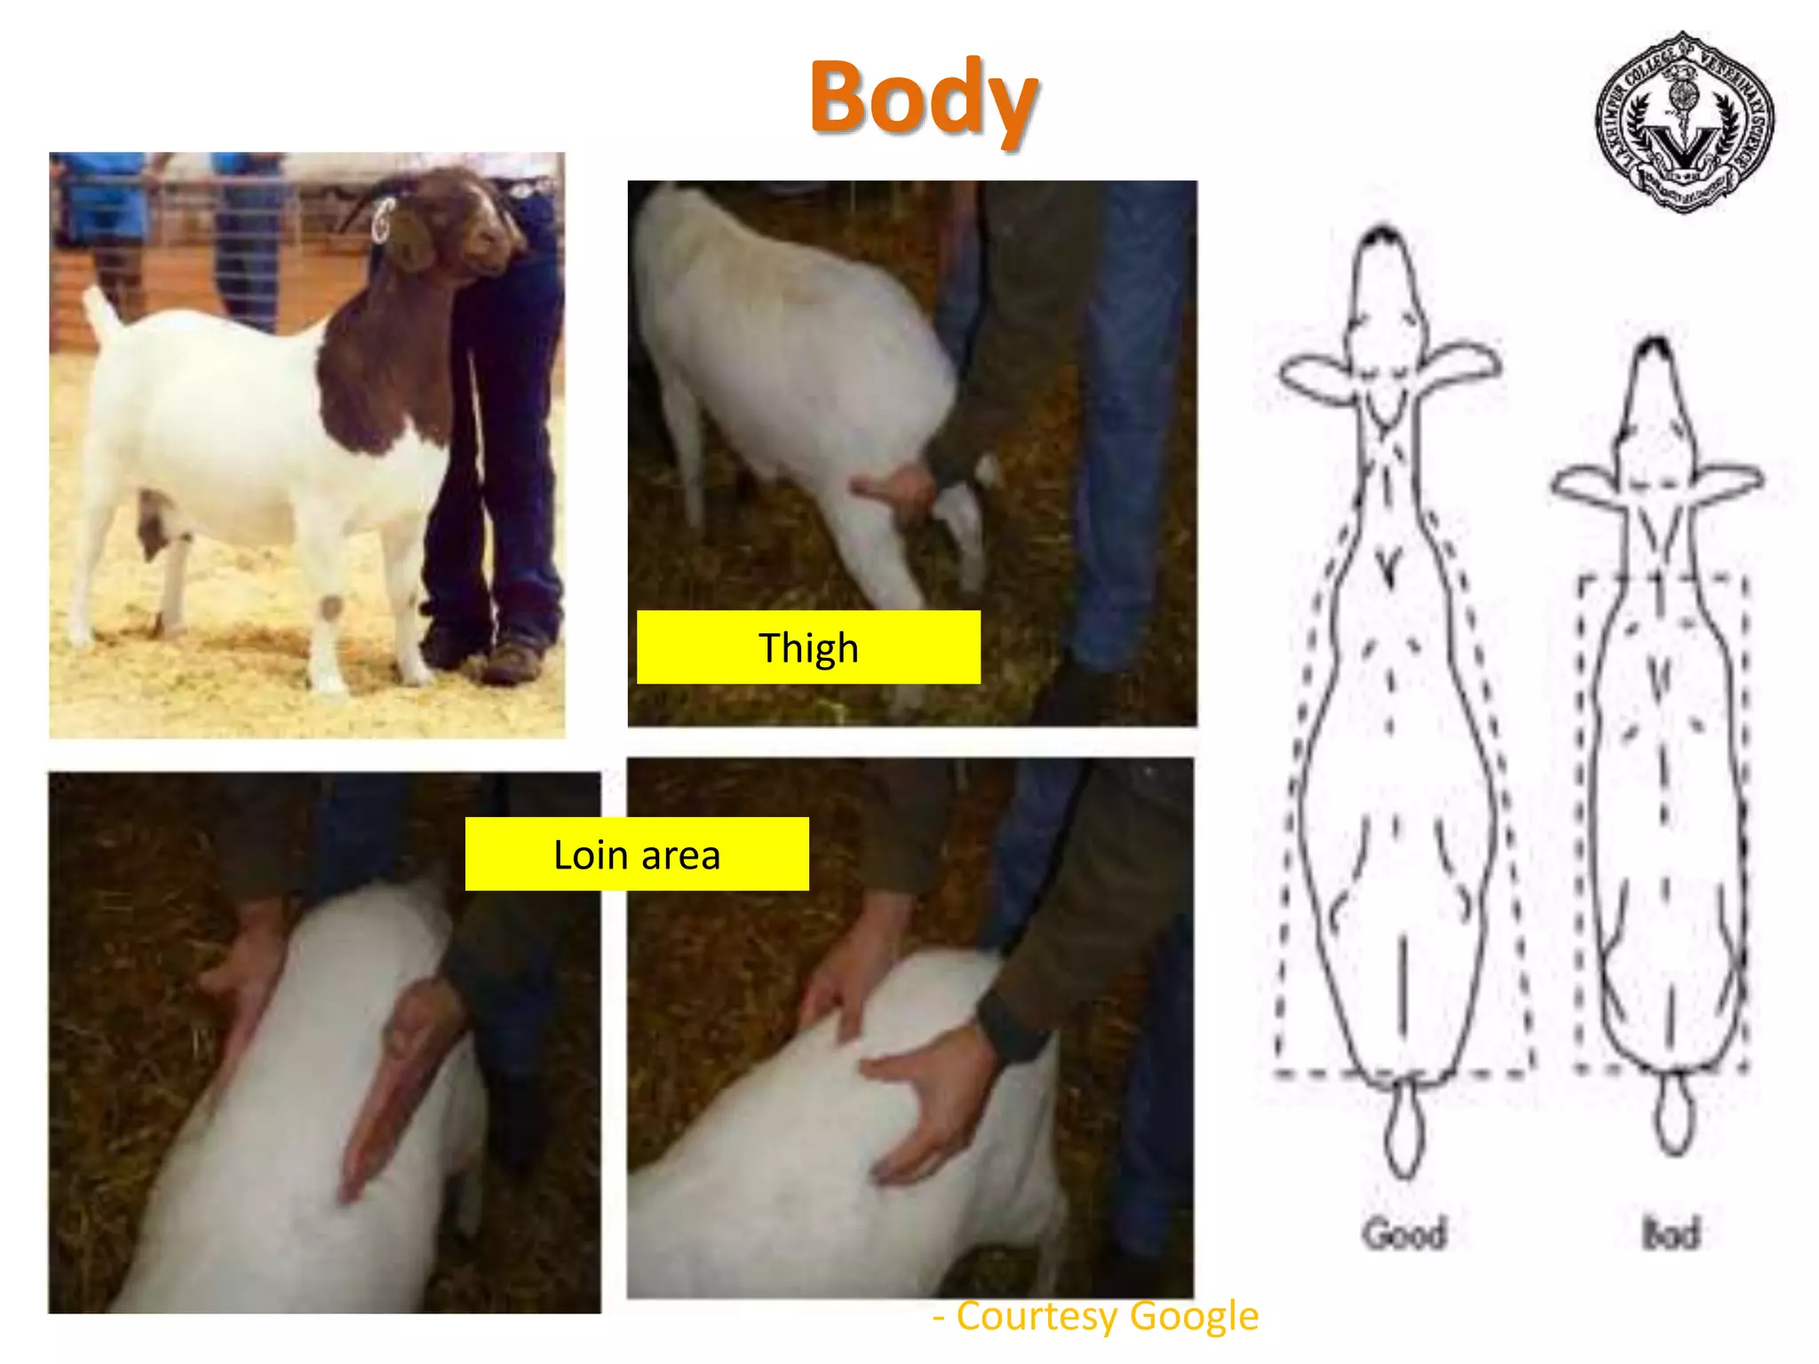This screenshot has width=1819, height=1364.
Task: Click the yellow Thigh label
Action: [808, 647]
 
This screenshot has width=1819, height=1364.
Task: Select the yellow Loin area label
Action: [637, 854]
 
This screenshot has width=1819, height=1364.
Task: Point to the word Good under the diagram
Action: [1405, 1233]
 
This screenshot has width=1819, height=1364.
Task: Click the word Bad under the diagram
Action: [1670, 1233]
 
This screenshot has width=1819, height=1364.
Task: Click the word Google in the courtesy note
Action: [1195, 1316]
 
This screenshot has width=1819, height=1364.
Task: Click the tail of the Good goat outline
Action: [1403, 1128]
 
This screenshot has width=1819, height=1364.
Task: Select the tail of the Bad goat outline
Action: [1673, 1114]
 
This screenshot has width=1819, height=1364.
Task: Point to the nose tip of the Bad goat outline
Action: [1654, 346]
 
